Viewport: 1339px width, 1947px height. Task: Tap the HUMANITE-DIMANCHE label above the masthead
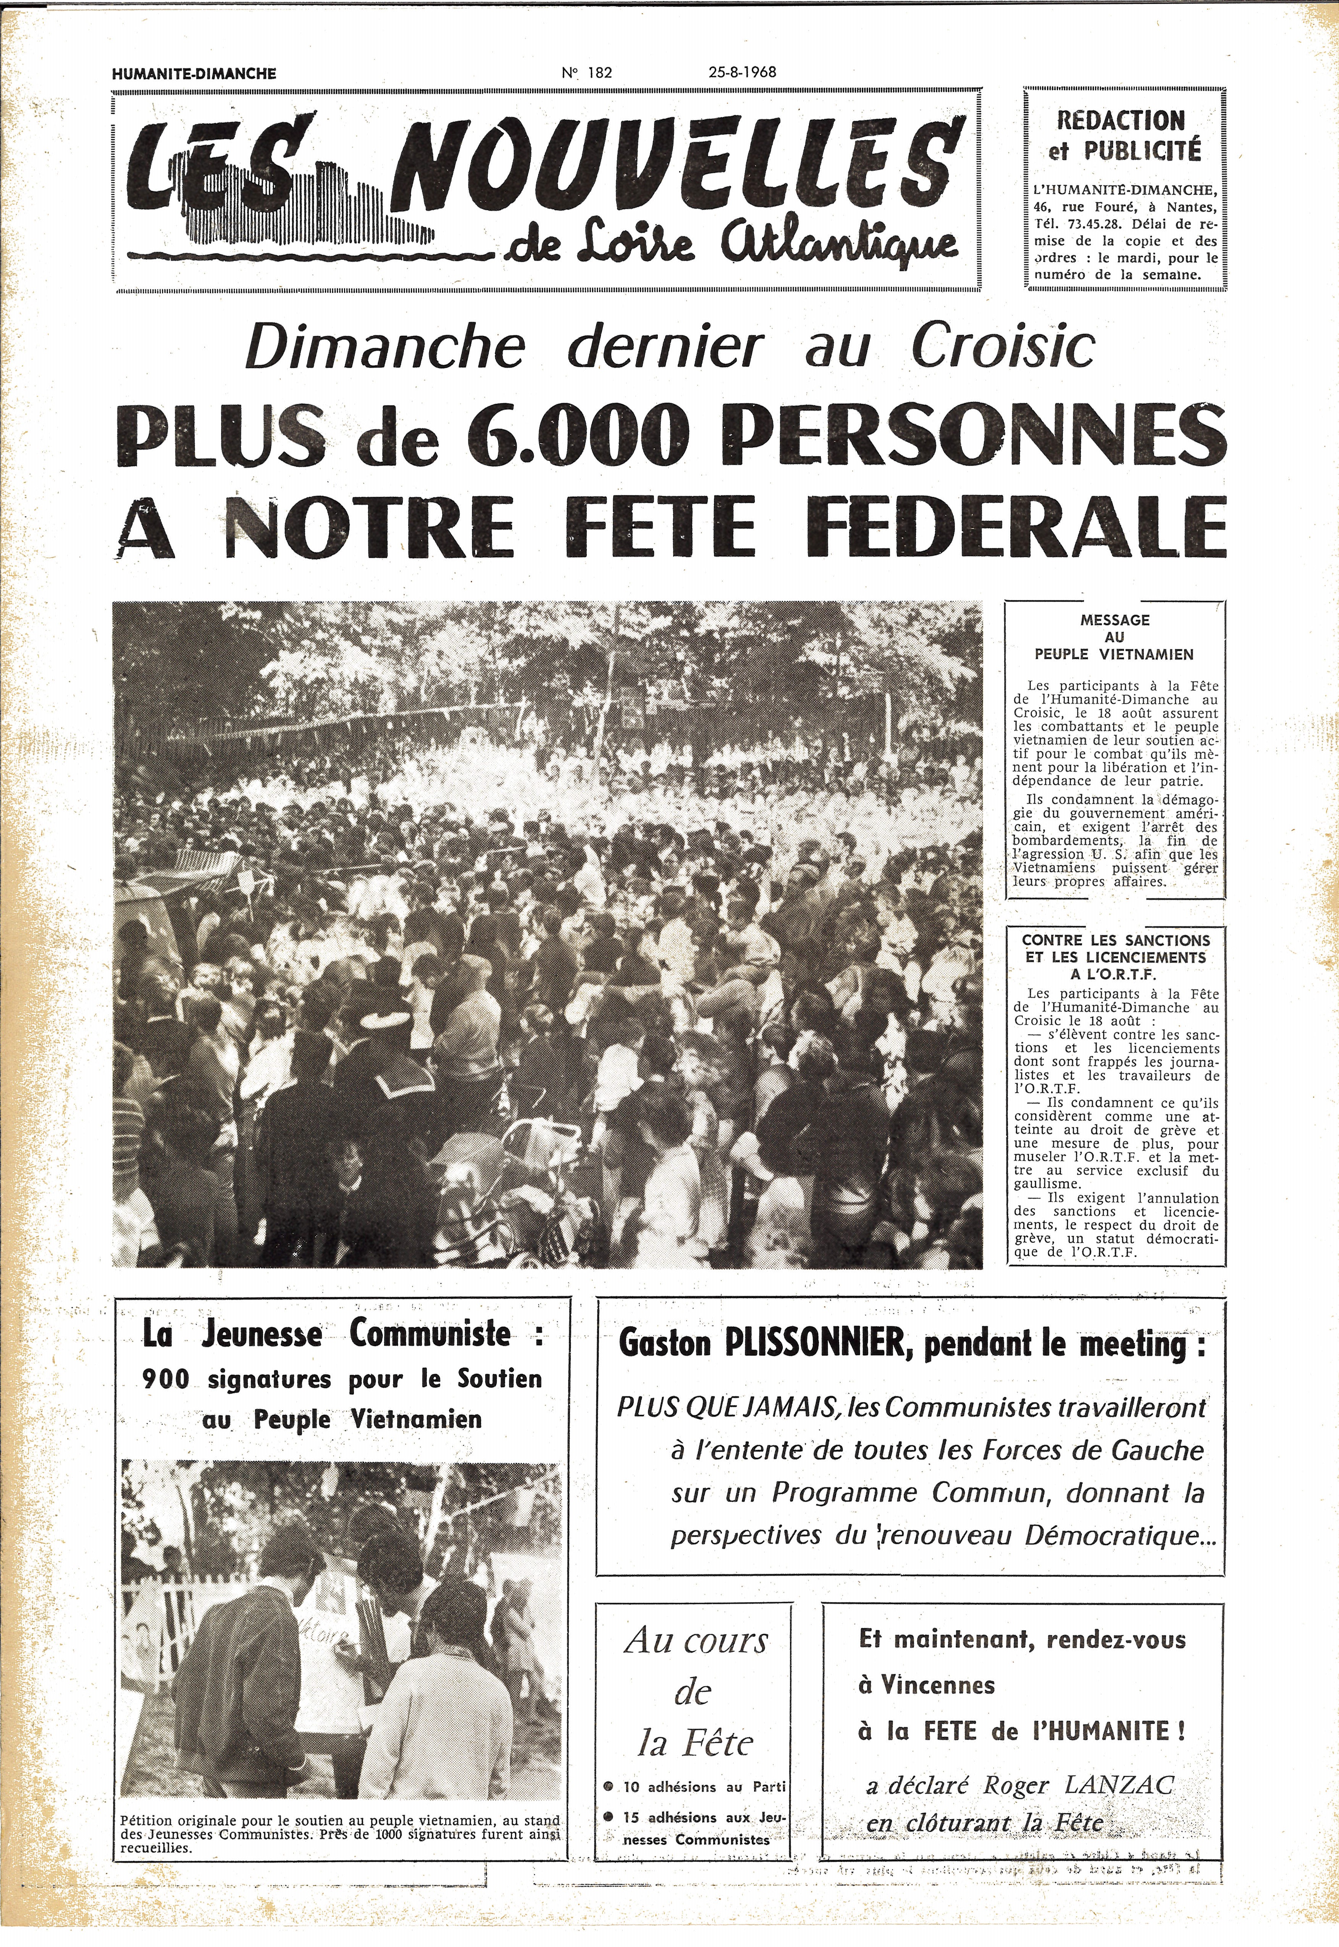point(194,74)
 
